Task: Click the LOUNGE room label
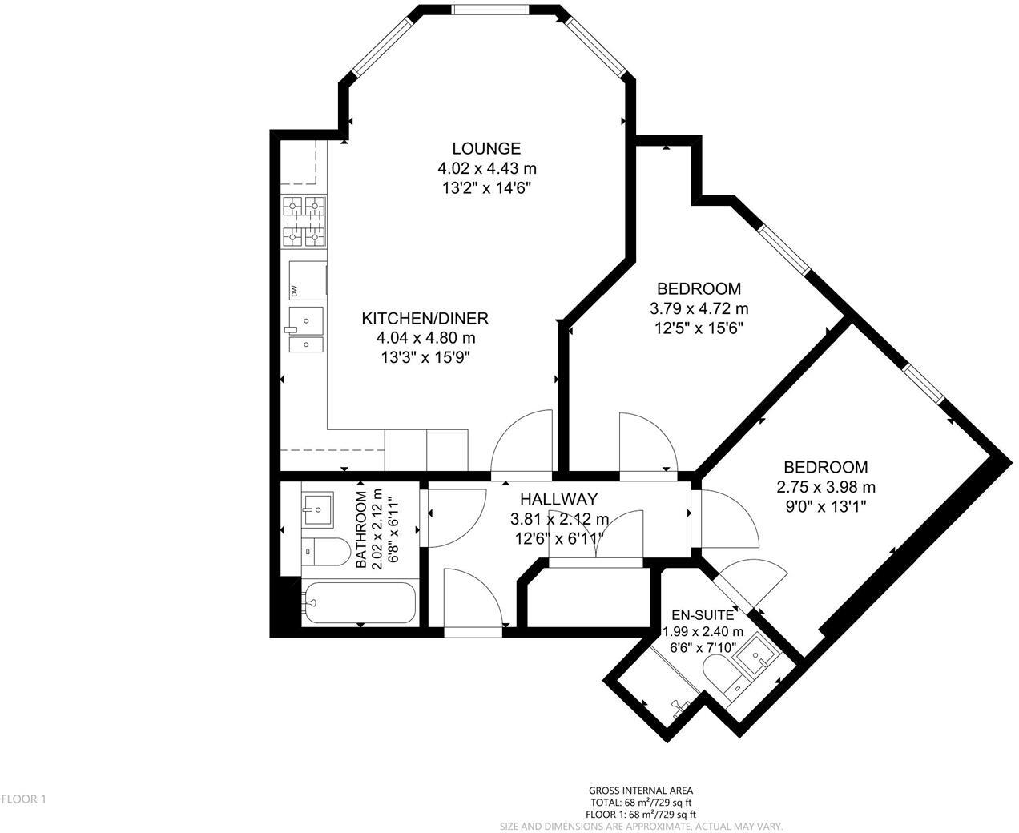486,148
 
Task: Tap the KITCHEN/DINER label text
425,318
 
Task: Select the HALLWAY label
558,499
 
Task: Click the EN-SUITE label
702,615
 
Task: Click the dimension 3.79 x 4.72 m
699,308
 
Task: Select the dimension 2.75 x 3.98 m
825,487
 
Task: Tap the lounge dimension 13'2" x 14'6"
486,188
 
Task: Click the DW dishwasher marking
294,292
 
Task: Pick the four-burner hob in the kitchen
304,220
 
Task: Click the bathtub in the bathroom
358,604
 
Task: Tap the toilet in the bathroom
324,551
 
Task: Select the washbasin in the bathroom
318,507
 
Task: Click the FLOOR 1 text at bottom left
25,799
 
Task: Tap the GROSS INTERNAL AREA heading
641,790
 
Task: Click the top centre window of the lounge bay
490,10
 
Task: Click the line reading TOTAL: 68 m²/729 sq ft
641,802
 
